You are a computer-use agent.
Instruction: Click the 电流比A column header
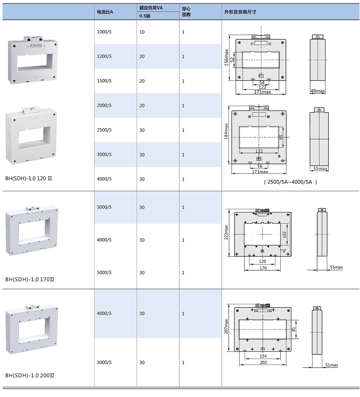[x=105, y=12]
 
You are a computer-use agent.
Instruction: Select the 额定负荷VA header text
[x=151, y=8]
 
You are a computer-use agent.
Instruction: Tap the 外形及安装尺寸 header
[x=240, y=12]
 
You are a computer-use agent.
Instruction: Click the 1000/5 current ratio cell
[x=104, y=32]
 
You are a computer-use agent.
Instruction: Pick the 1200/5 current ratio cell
[x=104, y=56]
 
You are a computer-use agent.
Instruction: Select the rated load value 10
[x=142, y=32]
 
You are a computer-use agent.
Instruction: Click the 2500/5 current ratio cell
[x=104, y=130]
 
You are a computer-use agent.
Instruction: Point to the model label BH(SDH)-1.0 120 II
[x=29, y=178]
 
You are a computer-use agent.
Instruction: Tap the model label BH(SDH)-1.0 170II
[x=30, y=279]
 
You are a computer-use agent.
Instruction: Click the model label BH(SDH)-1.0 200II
[x=30, y=375]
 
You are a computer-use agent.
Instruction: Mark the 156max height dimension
[x=226, y=57]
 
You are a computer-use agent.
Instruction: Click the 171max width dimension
[x=262, y=92]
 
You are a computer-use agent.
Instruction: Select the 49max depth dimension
[x=318, y=91]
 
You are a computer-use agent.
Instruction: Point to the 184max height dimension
[x=226, y=132]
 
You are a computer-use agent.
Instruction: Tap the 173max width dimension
[x=260, y=172]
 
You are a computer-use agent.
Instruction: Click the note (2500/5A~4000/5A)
[x=290, y=182]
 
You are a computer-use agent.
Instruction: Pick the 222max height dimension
[x=226, y=232]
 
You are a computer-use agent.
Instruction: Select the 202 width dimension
[x=263, y=362]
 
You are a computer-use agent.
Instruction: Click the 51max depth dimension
[x=331, y=365]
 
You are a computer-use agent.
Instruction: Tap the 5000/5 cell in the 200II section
[x=104, y=362]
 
